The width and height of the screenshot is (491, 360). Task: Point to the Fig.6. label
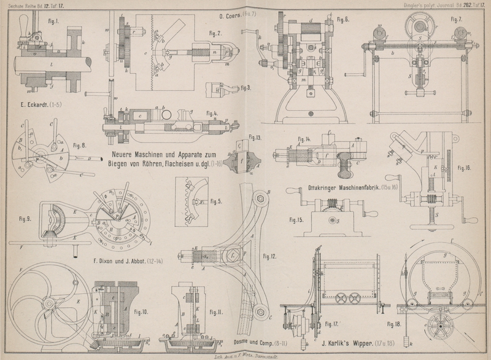(342, 20)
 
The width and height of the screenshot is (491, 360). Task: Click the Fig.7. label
(455, 19)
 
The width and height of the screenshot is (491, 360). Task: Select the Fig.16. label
(464, 167)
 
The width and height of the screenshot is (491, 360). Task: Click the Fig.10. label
(141, 312)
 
